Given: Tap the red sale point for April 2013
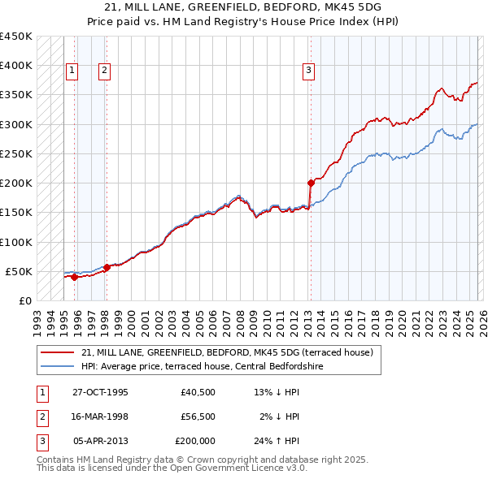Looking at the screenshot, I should tap(311, 183).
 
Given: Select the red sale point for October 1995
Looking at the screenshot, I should tap(74, 277).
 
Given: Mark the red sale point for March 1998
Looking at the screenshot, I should tap(107, 267).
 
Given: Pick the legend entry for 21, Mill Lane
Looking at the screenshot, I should tap(227, 352).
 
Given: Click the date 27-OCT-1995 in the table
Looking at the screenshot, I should tap(100, 392).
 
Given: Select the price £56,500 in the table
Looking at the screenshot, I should tap(198, 416).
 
